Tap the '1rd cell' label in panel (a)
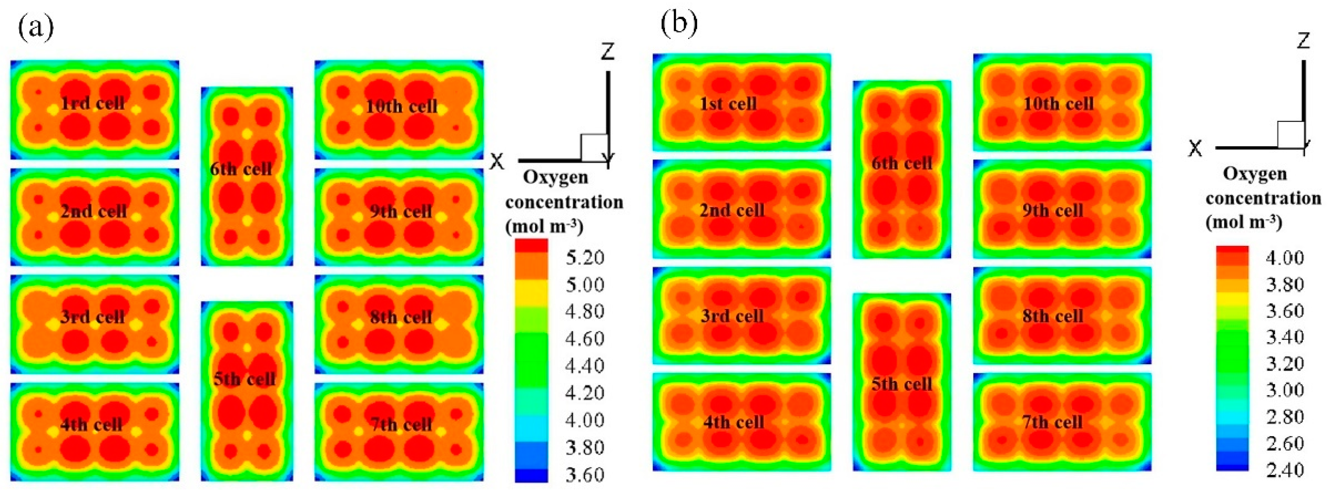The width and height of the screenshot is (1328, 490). point(93,104)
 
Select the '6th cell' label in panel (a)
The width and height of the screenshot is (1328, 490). point(241,169)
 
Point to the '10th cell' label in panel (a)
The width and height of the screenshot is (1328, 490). point(402,107)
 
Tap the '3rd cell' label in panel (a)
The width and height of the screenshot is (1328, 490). point(93,317)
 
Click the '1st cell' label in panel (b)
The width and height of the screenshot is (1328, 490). point(728,104)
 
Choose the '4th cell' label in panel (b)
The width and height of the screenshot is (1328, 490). point(734,422)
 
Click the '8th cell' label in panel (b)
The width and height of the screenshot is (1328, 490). point(1053,316)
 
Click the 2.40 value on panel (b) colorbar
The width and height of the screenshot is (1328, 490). point(1285,469)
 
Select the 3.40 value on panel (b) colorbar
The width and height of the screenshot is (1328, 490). point(1285,337)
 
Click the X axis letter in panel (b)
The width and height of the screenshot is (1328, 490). point(1195,149)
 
